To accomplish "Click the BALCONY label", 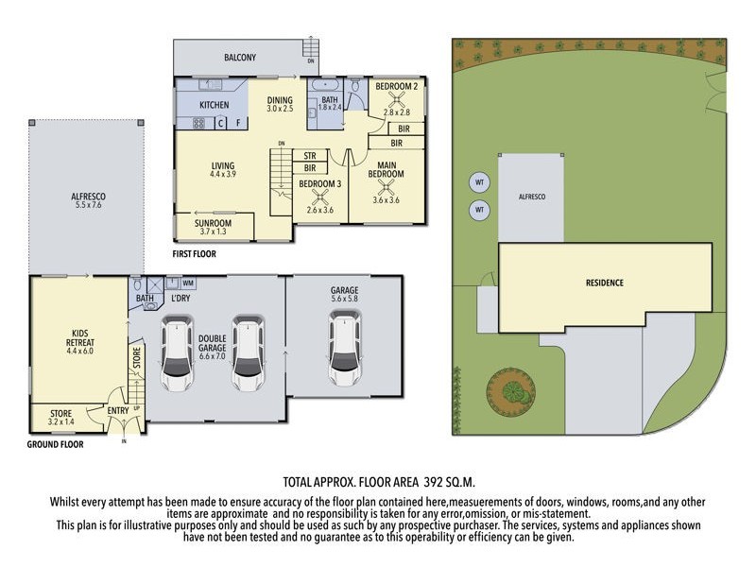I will coord(240,58).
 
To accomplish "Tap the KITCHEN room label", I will coord(215,104).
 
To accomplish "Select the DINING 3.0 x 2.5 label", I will coord(279,104).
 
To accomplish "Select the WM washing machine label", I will coord(188,283).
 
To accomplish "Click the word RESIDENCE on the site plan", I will coord(604,283).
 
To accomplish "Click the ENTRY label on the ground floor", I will coord(118,410).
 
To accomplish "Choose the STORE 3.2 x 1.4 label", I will coord(58,416).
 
